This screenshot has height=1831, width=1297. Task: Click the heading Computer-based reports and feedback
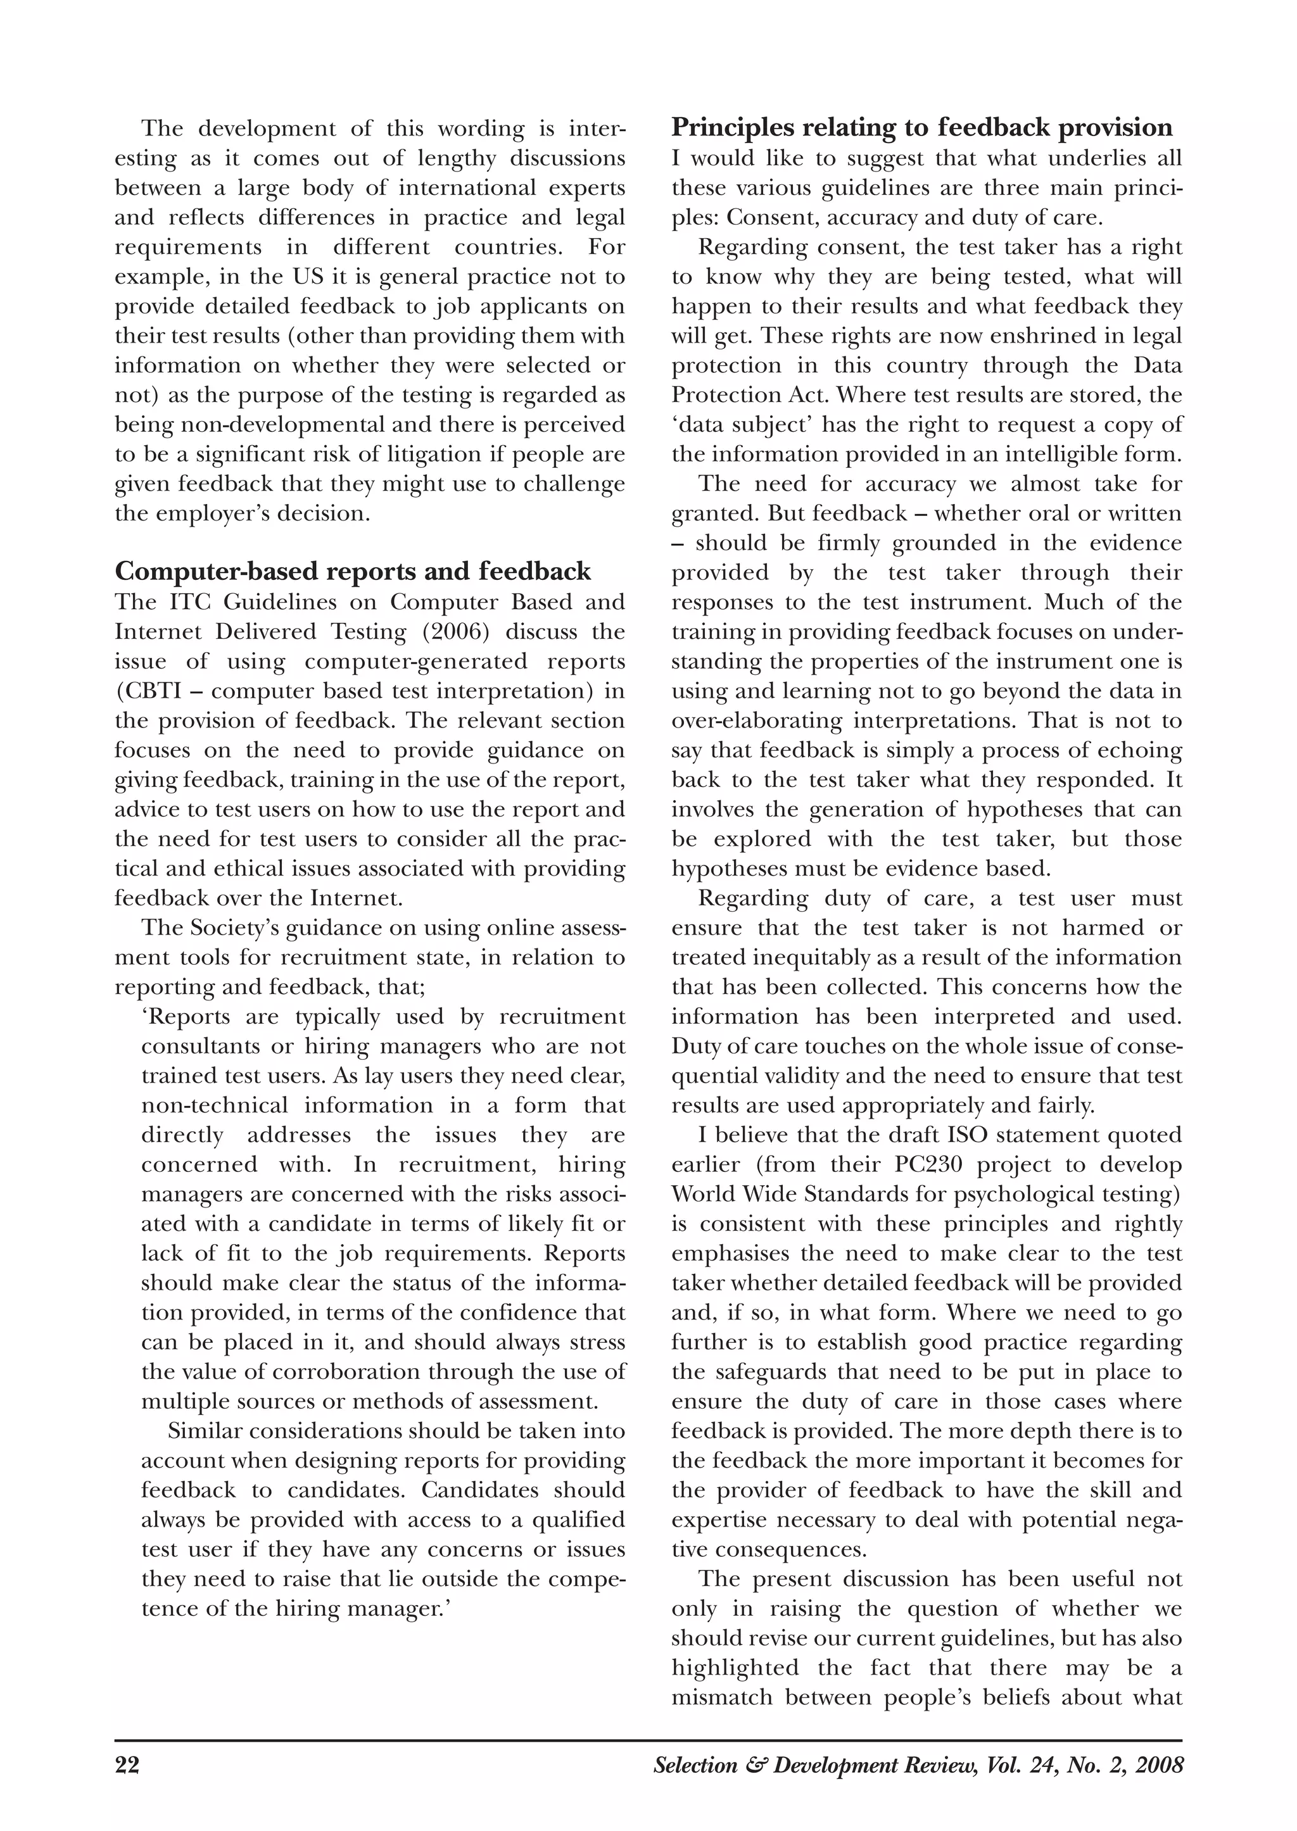pos(353,571)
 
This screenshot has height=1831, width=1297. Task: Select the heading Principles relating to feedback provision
pos(921,128)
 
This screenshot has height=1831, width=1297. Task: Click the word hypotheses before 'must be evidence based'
pos(723,869)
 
